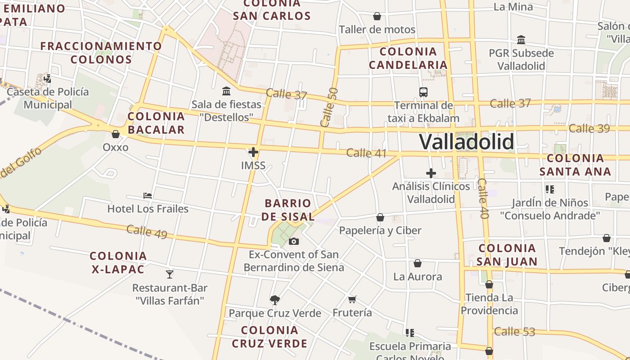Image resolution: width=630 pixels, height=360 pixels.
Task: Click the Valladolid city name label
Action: (x=466, y=142)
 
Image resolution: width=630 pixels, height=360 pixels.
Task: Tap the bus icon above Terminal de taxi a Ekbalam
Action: (x=423, y=92)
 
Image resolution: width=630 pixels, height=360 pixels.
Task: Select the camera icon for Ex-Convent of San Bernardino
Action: (x=294, y=242)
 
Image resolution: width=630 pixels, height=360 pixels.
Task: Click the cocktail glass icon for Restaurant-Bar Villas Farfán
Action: (x=170, y=274)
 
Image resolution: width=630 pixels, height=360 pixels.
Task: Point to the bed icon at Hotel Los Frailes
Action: (x=148, y=196)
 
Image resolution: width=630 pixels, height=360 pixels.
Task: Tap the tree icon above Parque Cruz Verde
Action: (x=274, y=300)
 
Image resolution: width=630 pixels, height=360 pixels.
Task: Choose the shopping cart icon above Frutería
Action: (x=352, y=299)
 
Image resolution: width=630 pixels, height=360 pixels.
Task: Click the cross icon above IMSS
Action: (x=253, y=152)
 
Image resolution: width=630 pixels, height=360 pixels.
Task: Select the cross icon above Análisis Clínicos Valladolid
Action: (x=431, y=173)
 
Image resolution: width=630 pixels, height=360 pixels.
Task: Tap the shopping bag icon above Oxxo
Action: (x=116, y=134)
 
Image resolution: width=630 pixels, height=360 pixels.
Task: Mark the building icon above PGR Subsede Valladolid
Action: (x=521, y=40)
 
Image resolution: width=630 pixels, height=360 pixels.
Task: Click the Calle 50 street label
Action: (x=329, y=107)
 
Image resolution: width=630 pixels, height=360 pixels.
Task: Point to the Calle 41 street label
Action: (x=366, y=153)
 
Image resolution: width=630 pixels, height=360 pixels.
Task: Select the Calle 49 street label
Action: (x=147, y=232)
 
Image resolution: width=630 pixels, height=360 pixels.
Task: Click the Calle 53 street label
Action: (x=515, y=332)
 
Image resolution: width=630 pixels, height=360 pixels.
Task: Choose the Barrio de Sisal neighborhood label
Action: (x=288, y=210)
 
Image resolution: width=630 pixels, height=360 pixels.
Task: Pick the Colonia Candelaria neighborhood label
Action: (x=408, y=58)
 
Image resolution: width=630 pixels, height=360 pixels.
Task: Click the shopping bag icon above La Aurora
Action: (x=418, y=263)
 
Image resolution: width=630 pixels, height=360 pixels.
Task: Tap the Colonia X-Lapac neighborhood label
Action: (x=118, y=263)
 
